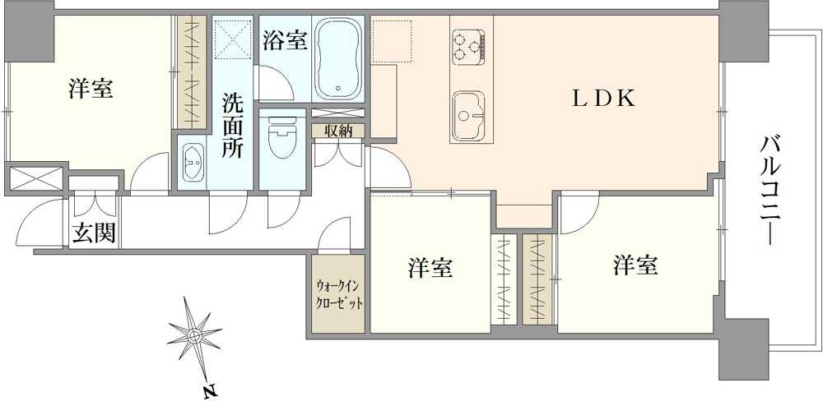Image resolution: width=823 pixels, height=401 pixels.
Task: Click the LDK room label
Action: (x=604, y=99)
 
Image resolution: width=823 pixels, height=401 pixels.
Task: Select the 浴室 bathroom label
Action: (x=286, y=40)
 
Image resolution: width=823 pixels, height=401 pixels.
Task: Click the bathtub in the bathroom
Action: (x=338, y=58)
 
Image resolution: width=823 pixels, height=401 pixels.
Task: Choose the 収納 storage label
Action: (x=337, y=130)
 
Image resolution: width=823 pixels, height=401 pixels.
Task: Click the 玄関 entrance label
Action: (x=93, y=233)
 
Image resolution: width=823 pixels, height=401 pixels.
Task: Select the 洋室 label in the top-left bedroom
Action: (x=91, y=88)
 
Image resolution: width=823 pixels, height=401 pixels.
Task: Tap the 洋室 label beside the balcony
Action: (x=635, y=265)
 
